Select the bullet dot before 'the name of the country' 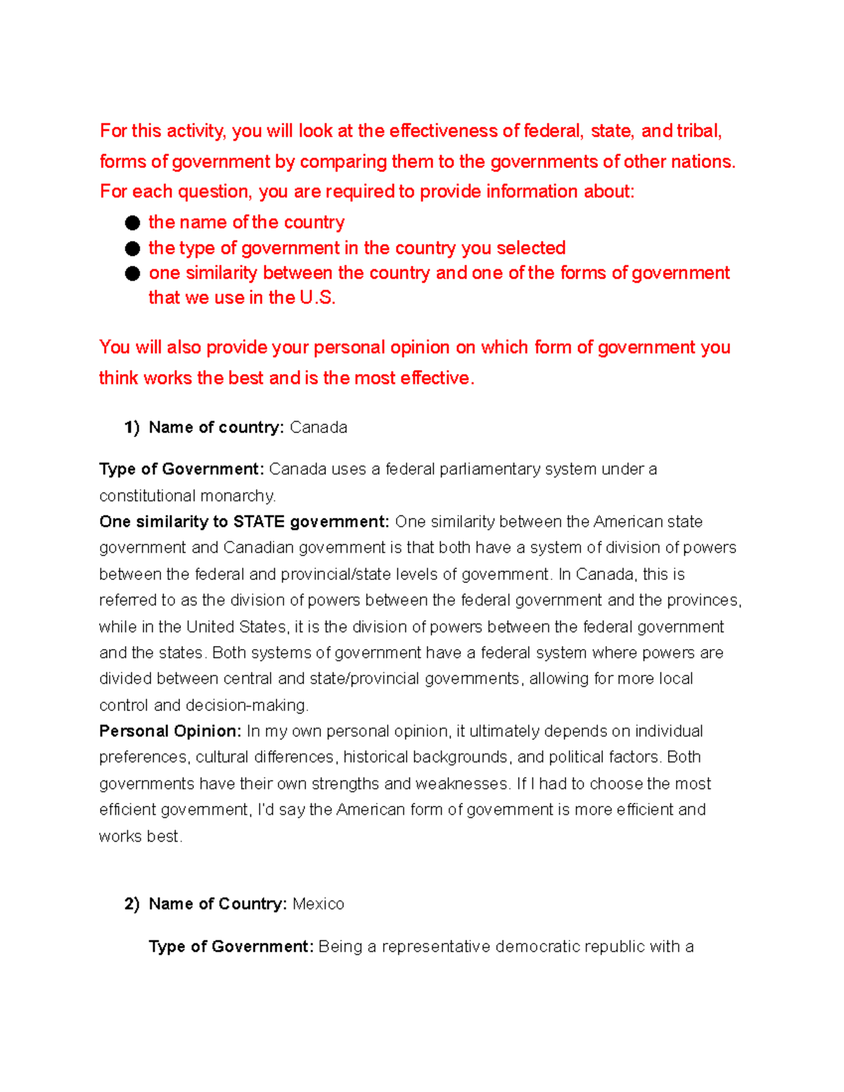pyautogui.click(x=132, y=223)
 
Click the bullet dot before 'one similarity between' pyautogui.click(x=132, y=274)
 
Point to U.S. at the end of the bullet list pyautogui.click(x=317, y=298)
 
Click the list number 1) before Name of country pyautogui.click(x=132, y=428)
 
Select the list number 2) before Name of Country pyautogui.click(x=132, y=904)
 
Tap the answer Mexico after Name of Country pyautogui.click(x=318, y=904)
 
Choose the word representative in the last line pyautogui.click(x=436, y=947)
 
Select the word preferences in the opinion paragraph pyautogui.click(x=143, y=757)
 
